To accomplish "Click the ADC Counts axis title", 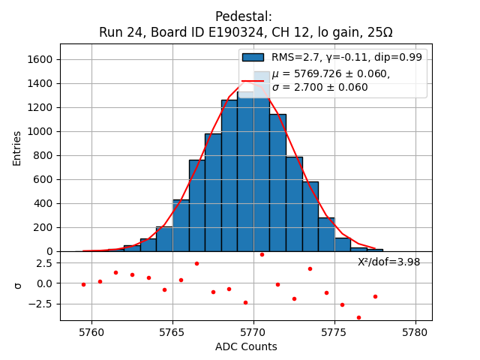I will pos(246,346).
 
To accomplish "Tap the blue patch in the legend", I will pos(253,57).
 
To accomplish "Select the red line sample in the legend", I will pos(253,80).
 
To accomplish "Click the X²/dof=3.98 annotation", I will pos(388,262).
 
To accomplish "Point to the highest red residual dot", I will pos(262,254).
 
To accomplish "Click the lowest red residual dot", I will pos(358,317).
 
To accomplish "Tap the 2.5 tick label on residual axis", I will pos(43,262).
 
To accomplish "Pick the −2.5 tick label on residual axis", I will pos(40,304).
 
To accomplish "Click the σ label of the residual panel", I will pos(18,285).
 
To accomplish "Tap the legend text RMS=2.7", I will pos(292,57).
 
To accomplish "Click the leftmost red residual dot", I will pos(83,284).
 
